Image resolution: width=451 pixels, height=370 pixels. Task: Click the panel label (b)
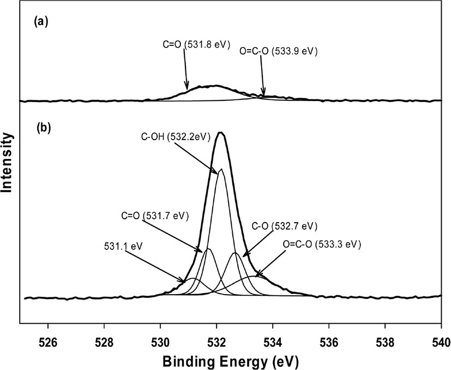[44, 128]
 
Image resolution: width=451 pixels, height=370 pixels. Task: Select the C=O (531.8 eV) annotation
[196, 45]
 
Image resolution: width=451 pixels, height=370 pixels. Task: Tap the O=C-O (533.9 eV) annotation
[279, 51]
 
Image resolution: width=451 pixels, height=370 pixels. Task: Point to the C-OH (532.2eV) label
[176, 136]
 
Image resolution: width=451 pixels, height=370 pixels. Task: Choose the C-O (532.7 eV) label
[285, 226]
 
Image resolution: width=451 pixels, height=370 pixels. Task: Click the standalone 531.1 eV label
[123, 247]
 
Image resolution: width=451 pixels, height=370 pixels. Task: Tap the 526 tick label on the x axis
[48, 343]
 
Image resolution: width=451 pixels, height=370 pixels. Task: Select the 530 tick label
[160, 343]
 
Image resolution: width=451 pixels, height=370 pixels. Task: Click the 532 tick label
[217, 343]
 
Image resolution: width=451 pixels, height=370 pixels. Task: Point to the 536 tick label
[329, 343]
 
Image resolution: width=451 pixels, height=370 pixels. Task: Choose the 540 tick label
[441, 343]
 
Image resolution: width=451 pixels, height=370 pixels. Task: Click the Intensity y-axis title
[7, 163]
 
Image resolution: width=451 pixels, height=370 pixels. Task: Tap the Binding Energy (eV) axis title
[231, 361]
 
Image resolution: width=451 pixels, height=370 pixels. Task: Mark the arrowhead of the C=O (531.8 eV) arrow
[187, 89]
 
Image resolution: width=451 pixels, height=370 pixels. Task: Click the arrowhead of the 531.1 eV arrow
[183, 281]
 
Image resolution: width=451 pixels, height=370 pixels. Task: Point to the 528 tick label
[104, 343]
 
